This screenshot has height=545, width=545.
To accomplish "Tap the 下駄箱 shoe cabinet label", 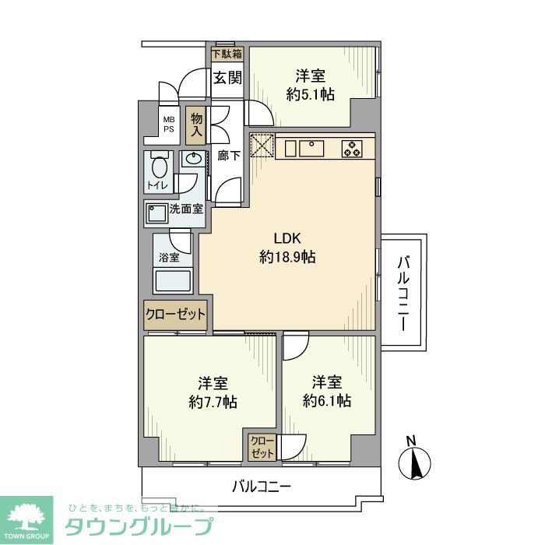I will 227,54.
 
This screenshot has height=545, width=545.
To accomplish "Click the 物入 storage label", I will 197,125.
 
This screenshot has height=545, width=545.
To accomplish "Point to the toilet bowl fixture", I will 160,167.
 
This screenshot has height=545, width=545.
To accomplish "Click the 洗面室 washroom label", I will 186,209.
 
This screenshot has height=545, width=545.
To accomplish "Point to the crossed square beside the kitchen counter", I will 262,146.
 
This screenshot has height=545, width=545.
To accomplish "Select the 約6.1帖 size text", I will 327,401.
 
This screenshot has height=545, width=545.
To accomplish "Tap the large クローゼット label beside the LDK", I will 175,315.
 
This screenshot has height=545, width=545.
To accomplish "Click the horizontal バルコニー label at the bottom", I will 262,487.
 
